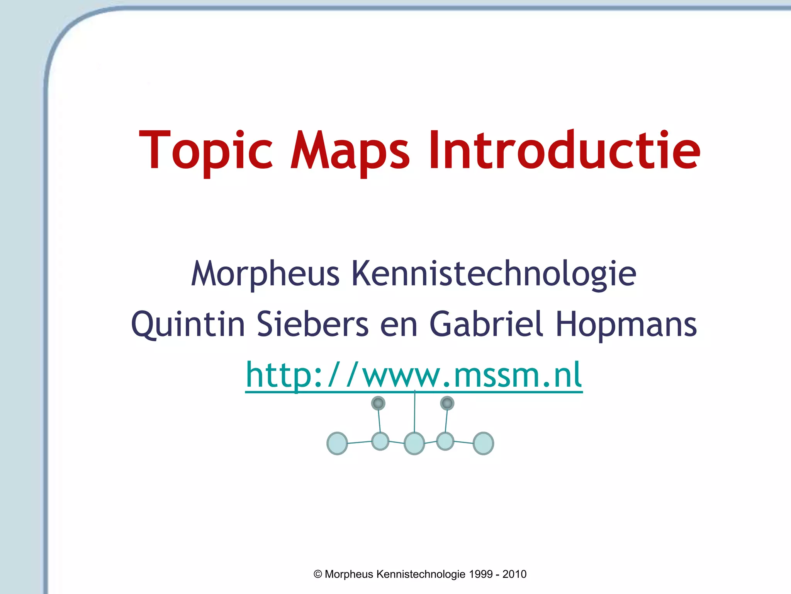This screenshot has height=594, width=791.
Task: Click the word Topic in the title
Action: coord(206,151)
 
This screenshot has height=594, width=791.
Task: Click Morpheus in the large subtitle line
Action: coord(265,274)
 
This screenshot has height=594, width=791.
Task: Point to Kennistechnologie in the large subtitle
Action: coord(493,274)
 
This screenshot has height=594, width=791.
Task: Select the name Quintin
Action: coord(188,324)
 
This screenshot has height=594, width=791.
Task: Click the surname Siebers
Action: coord(313,324)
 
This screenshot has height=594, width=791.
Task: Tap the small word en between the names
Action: coord(399,326)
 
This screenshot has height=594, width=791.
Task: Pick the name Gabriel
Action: coord(486,324)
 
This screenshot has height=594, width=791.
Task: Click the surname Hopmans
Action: coord(626,324)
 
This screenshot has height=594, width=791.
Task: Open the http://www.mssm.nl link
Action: coord(414,374)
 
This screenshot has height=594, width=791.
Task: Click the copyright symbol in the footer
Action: coord(318,574)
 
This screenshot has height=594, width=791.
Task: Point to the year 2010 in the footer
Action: coord(514,574)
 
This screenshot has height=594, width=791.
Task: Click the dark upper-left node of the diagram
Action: coord(378,403)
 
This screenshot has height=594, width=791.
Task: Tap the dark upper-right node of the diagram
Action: coord(447,403)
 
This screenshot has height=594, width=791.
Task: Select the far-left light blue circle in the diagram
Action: coord(337,443)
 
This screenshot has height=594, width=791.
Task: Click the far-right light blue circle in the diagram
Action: coord(483,443)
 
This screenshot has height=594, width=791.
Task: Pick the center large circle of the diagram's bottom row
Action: coord(414,443)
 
